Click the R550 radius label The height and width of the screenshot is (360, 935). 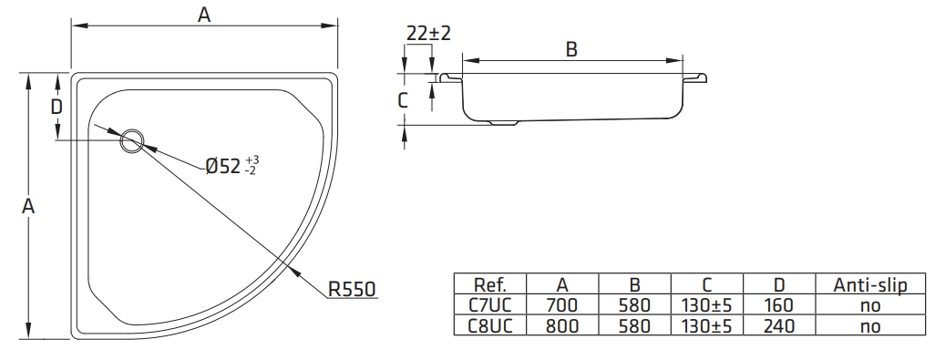click(x=352, y=289)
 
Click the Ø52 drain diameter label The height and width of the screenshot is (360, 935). click(x=232, y=166)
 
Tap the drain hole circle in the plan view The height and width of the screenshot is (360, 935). click(x=132, y=141)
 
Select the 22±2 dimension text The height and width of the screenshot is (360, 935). click(x=428, y=34)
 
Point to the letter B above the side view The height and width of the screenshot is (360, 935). click(x=571, y=49)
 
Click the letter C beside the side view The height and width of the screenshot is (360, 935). click(x=403, y=100)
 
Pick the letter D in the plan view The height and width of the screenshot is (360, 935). click(x=57, y=108)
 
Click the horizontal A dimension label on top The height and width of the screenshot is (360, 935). click(x=204, y=15)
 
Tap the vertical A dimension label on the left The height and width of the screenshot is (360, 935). click(x=28, y=206)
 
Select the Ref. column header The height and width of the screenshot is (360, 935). click(x=489, y=284)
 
